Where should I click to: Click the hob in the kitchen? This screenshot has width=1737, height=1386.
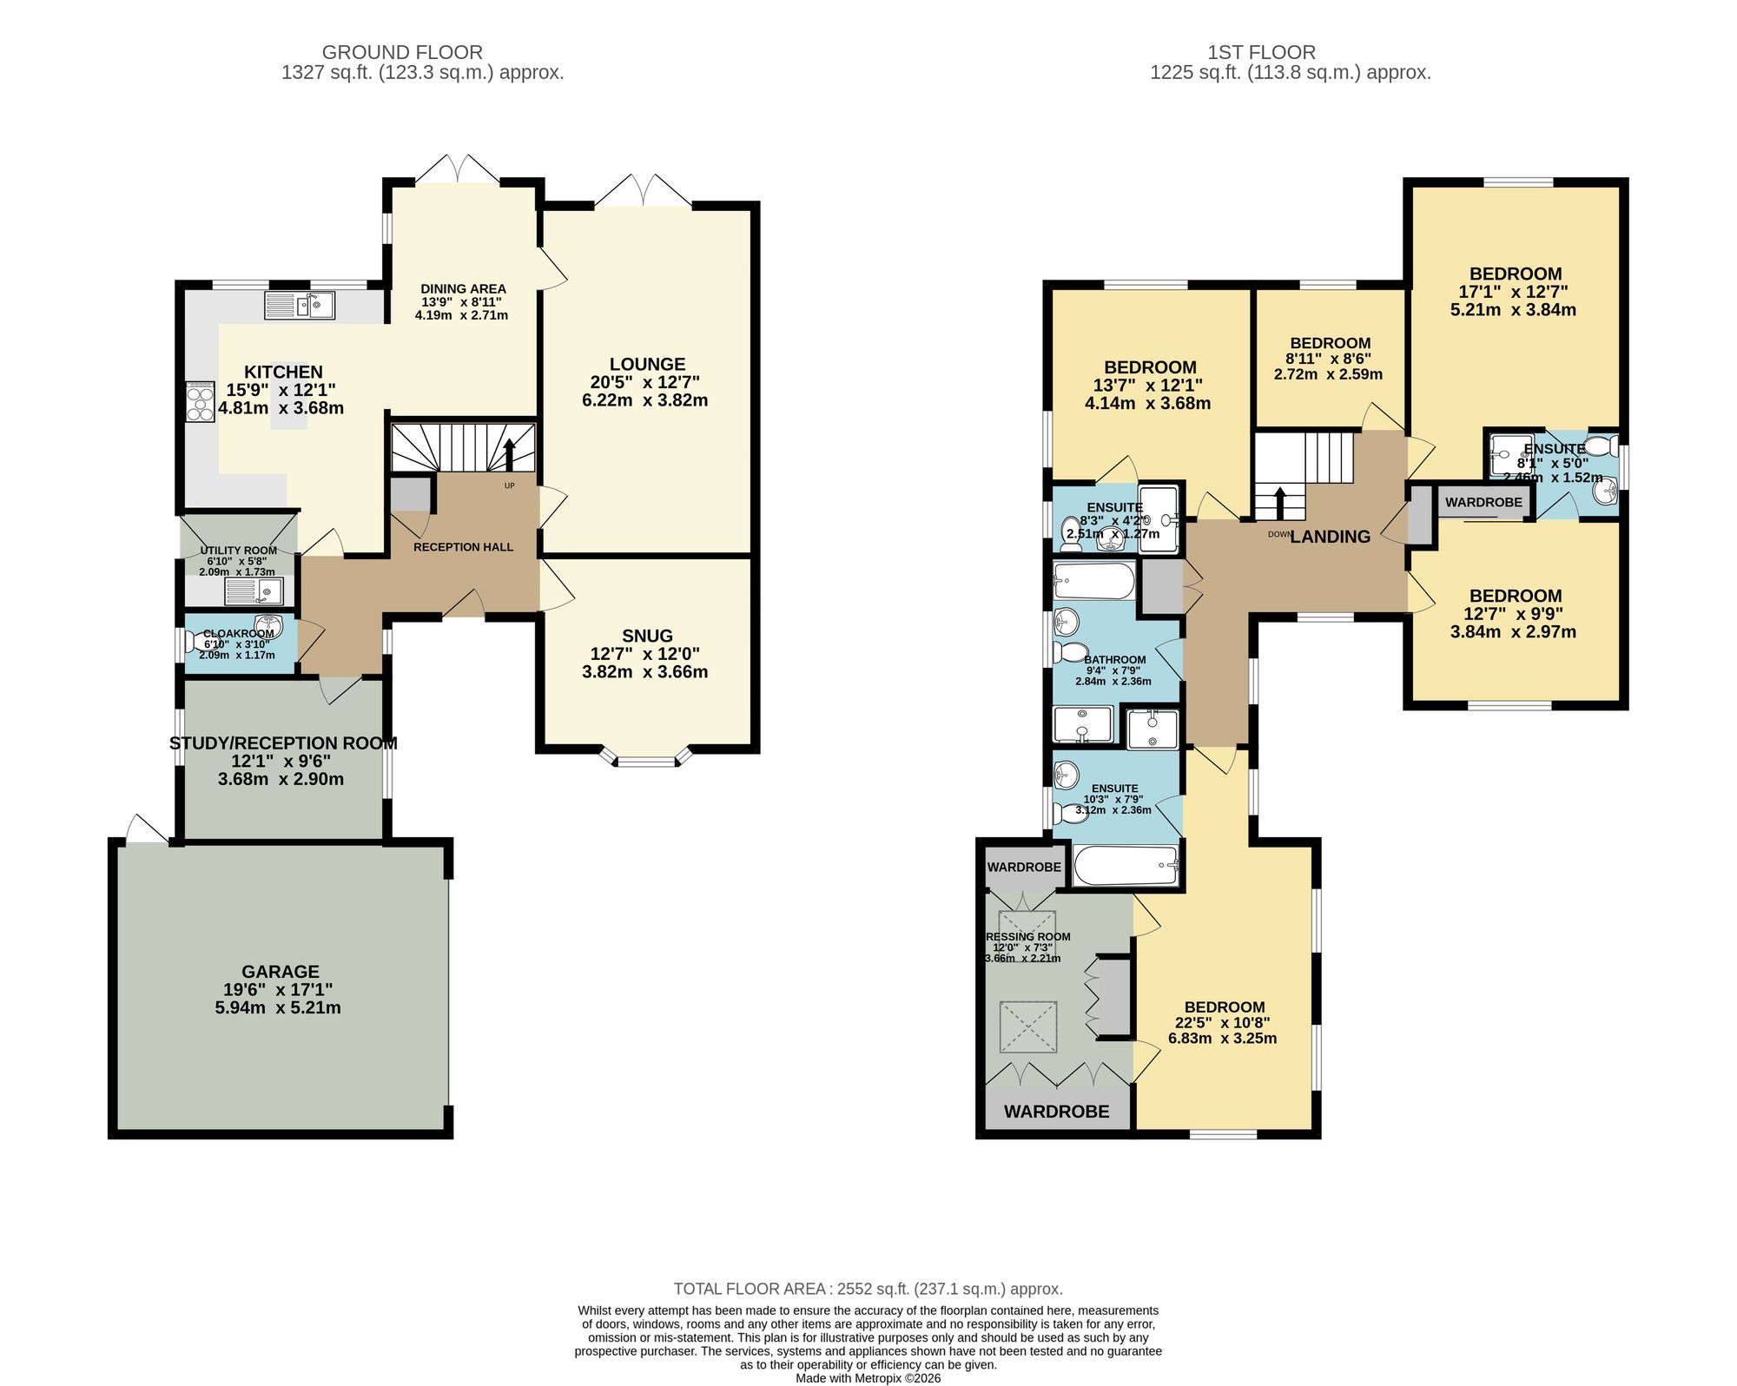coord(200,402)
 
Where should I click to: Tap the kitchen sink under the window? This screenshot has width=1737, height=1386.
coord(300,306)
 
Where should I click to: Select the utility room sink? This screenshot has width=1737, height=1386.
coord(254,592)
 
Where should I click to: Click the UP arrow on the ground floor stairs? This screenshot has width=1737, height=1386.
coord(509,453)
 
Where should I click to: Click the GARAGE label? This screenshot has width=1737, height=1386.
coord(281,972)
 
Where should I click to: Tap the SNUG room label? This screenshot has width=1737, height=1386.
coord(647,636)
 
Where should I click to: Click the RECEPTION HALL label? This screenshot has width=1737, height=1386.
coord(463,547)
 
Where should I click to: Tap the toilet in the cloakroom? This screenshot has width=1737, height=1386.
coord(201,642)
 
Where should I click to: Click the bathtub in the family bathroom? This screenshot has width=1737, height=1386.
coord(1093,581)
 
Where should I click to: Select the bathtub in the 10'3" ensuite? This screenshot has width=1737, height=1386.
coord(1126,865)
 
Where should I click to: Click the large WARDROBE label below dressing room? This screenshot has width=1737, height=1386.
coord(1056,1112)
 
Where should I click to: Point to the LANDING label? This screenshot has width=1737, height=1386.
coord(1330,537)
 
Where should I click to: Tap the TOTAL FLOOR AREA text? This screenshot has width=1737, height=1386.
coord(868,1289)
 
